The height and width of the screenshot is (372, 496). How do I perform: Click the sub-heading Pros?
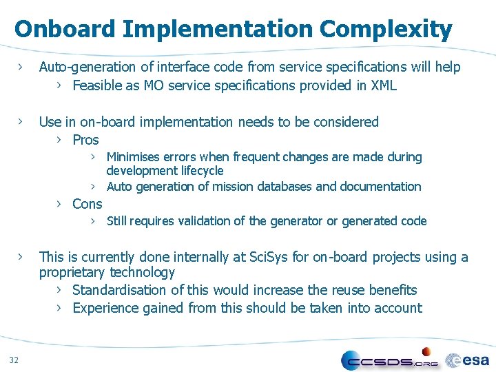pyautogui.click(x=85, y=140)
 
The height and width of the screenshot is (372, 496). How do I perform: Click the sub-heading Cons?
pyautogui.click(x=87, y=204)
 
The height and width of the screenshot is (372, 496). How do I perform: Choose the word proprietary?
pyautogui.click(x=72, y=273)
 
